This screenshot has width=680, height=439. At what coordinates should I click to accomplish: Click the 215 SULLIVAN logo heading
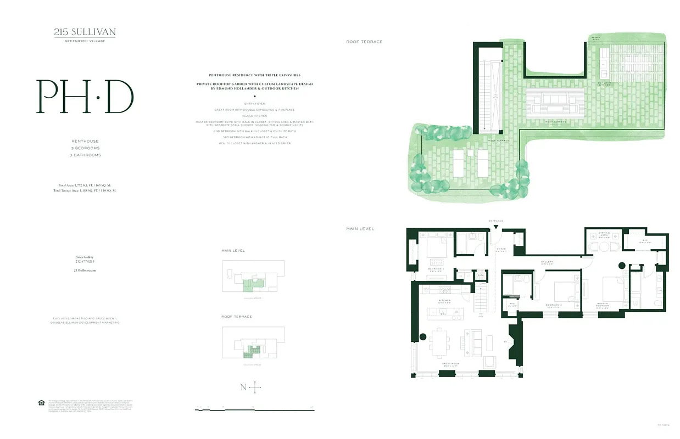click(x=85, y=32)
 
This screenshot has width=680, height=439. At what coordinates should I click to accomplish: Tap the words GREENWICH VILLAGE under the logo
click(x=85, y=41)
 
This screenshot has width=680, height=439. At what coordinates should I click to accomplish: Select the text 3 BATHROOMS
click(x=85, y=155)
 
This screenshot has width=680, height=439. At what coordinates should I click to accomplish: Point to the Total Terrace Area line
click(x=85, y=190)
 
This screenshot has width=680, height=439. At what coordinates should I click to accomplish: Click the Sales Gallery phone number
click(x=85, y=262)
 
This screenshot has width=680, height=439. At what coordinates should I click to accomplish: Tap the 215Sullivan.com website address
click(x=85, y=271)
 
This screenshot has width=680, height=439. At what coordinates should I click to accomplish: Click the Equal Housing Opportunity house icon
click(x=41, y=403)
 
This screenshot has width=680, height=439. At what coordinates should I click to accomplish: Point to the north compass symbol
click(x=254, y=387)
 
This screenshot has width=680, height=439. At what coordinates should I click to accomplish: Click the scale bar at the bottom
click(x=254, y=409)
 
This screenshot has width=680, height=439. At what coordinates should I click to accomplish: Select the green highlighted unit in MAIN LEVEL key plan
click(x=253, y=283)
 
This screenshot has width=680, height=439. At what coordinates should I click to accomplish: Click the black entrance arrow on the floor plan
click(x=496, y=227)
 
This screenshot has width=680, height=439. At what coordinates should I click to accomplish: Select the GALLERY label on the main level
click(x=547, y=262)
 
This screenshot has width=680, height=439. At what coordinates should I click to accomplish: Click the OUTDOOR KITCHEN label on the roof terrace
click(x=604, y=83)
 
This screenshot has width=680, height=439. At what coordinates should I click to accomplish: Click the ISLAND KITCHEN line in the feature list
click(x=253, y=116)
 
